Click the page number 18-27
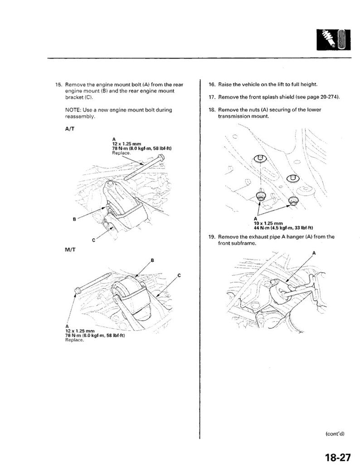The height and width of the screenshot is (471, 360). (337, 457)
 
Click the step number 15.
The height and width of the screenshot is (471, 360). (58, 85)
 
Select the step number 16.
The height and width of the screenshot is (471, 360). (212, 85)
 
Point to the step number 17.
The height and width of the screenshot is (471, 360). (212, 98)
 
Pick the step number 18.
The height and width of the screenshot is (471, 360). (212, 110)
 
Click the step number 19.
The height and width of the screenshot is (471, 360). (212, 237)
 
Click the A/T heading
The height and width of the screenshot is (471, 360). (70, 128)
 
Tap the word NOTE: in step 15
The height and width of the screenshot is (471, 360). (73, 110)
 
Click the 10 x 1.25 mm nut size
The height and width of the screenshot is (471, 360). (268, 223)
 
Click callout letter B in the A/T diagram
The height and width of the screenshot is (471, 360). (74, 220)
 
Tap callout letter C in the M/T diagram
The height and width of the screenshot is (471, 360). (179, 275)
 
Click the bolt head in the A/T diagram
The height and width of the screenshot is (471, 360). (161, 158)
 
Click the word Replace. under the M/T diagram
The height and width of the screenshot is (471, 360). (75, 340)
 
